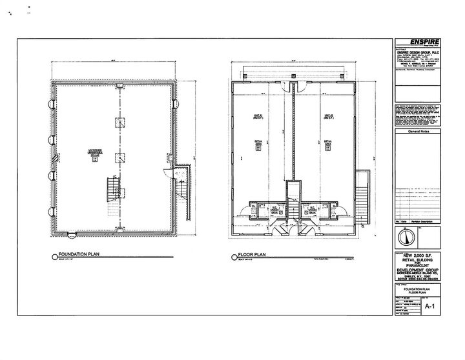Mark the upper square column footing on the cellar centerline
pyautogui.click(x=118, y=123)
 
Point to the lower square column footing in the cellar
pyautogui.click(x=118, y=157)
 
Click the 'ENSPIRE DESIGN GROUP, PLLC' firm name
pyautogui.click(x=420, y=51)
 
